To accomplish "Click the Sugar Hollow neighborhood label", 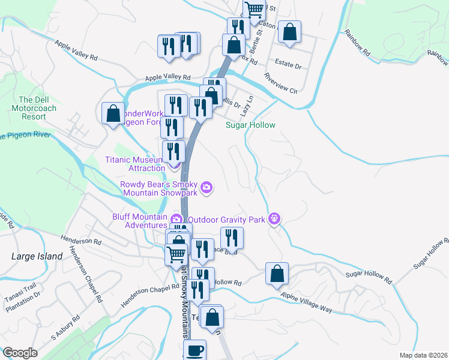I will coord(250,125).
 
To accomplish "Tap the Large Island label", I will coord(37,256).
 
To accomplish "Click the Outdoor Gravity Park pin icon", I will coord(275,218).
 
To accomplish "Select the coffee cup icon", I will coord(194,350).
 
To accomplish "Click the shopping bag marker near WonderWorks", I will coord(113,113).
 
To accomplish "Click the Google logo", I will coord(20,353).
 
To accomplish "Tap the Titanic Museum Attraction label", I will coord(134,164).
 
